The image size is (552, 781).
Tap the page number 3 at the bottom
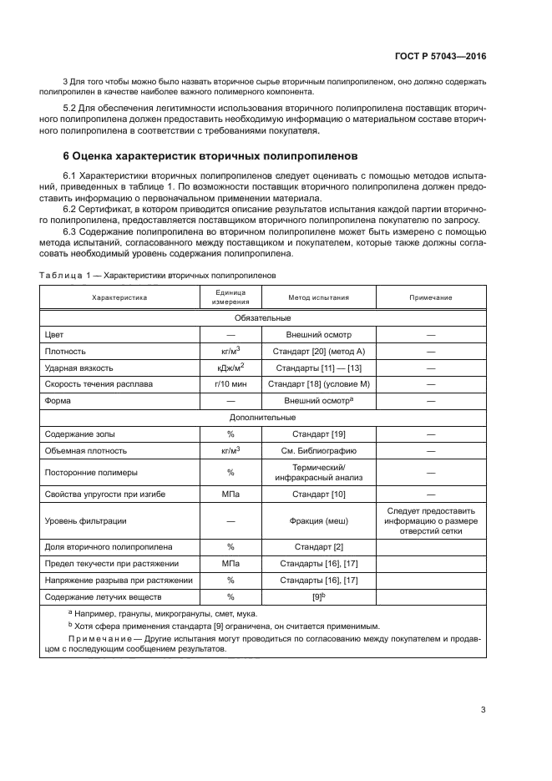(483, 710)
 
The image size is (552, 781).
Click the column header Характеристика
(119, 297)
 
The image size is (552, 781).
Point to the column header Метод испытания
(318, 297)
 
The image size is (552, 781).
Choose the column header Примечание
(431, 297)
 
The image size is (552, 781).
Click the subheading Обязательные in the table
(262, 318)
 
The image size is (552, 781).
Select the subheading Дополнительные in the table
(262, 418)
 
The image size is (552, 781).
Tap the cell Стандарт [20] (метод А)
(318, 351)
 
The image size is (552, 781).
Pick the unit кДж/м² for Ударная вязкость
(230, 368)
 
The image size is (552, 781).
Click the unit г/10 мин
(230, 384)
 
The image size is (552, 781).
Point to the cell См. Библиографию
(318, 450)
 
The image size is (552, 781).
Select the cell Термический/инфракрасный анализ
(318, 472)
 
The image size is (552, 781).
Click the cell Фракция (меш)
(318, 521)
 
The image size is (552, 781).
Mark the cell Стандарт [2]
(318, 547)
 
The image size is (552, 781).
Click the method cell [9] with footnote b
(318, 596)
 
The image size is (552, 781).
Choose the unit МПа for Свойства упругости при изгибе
(230, 494)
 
